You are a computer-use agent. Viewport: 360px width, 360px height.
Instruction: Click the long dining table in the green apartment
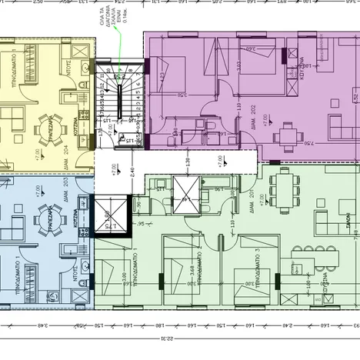point(282,188)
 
